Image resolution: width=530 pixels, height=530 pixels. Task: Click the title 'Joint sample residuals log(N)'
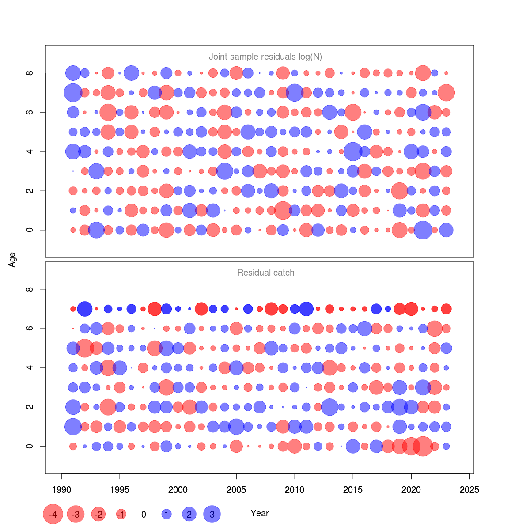[265, 57]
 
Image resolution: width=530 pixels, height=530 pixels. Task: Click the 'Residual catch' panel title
[265, 273]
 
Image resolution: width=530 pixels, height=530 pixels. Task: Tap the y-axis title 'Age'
[12, 259]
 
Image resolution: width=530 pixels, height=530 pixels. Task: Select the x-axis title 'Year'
[259, 513]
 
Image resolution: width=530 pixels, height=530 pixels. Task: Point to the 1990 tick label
[61, 490]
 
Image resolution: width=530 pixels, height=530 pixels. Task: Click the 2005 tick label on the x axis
[236, 490]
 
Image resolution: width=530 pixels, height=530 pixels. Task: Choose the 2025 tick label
[469, 490]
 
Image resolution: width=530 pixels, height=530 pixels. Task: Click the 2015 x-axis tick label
[353, 490]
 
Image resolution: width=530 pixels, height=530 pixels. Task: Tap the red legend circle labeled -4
[53, 515]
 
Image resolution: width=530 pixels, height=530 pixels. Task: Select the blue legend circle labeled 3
[212, 514]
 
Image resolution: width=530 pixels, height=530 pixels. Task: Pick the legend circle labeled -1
[121, 514]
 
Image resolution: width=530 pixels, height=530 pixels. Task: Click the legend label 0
[144, 515]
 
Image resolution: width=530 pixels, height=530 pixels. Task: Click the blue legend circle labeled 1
[167, 514]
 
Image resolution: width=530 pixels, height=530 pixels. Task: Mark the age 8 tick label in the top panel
[30, 73]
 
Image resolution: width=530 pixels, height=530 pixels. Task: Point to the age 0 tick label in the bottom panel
[30, 446]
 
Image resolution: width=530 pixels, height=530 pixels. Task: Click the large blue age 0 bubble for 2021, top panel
[423, 230]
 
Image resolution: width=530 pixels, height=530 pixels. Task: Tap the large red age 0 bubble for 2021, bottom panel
[423, 446]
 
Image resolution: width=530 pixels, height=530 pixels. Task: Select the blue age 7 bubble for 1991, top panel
[73, 93]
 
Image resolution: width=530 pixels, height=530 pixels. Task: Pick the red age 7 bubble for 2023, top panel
[446, 93]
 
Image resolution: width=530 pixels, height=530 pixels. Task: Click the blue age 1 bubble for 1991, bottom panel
[73, 427]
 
